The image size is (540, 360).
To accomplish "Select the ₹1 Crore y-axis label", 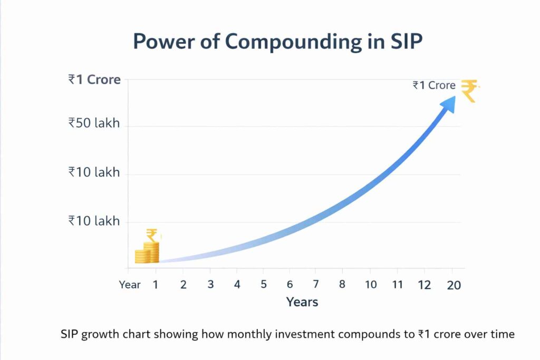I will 94,80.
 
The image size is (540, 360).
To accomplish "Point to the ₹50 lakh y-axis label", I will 94,123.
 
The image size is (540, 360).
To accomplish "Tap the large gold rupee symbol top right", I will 469,90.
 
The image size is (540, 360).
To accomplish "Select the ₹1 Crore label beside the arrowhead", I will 434,85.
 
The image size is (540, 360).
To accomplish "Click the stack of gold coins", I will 147,254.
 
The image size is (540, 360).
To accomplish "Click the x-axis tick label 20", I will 454,285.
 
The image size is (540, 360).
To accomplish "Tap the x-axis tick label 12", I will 425,285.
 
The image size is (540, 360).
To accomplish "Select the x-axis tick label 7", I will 315,285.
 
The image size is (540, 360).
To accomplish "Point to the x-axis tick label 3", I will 210,285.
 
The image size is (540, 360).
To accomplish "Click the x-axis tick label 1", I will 156,285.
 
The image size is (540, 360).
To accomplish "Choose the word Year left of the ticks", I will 130,285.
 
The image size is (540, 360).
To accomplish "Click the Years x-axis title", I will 302,302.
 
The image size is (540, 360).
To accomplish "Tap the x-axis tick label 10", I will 371,285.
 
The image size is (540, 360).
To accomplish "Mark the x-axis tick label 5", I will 263,285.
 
